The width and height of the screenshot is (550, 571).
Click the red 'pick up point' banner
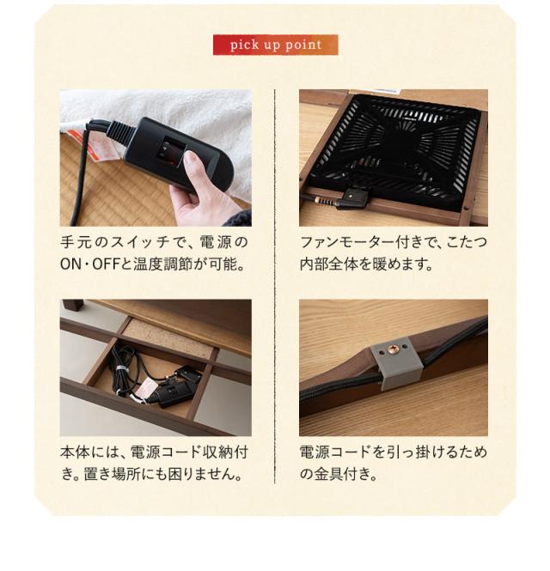[x=275, y=45]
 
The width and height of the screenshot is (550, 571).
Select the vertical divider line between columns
[x=275, y=283]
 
